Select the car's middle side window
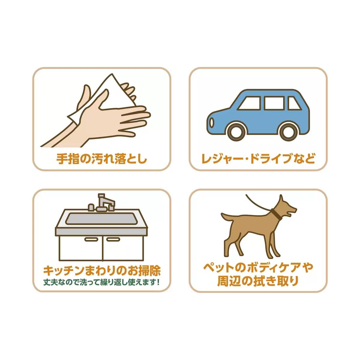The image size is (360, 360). pyautogui.click(x=274, y=103)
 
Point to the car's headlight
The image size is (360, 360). pyautogui.click(x=212, y=123)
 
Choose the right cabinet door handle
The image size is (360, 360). pyautogui.click(x=113, y=239)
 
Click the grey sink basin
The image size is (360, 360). pyautogui.click(x=102, y=219)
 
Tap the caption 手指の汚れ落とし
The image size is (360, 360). pyautogui.click(x=102, y=159)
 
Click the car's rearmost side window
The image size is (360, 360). pyautogui.click(x=294, y=103)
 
